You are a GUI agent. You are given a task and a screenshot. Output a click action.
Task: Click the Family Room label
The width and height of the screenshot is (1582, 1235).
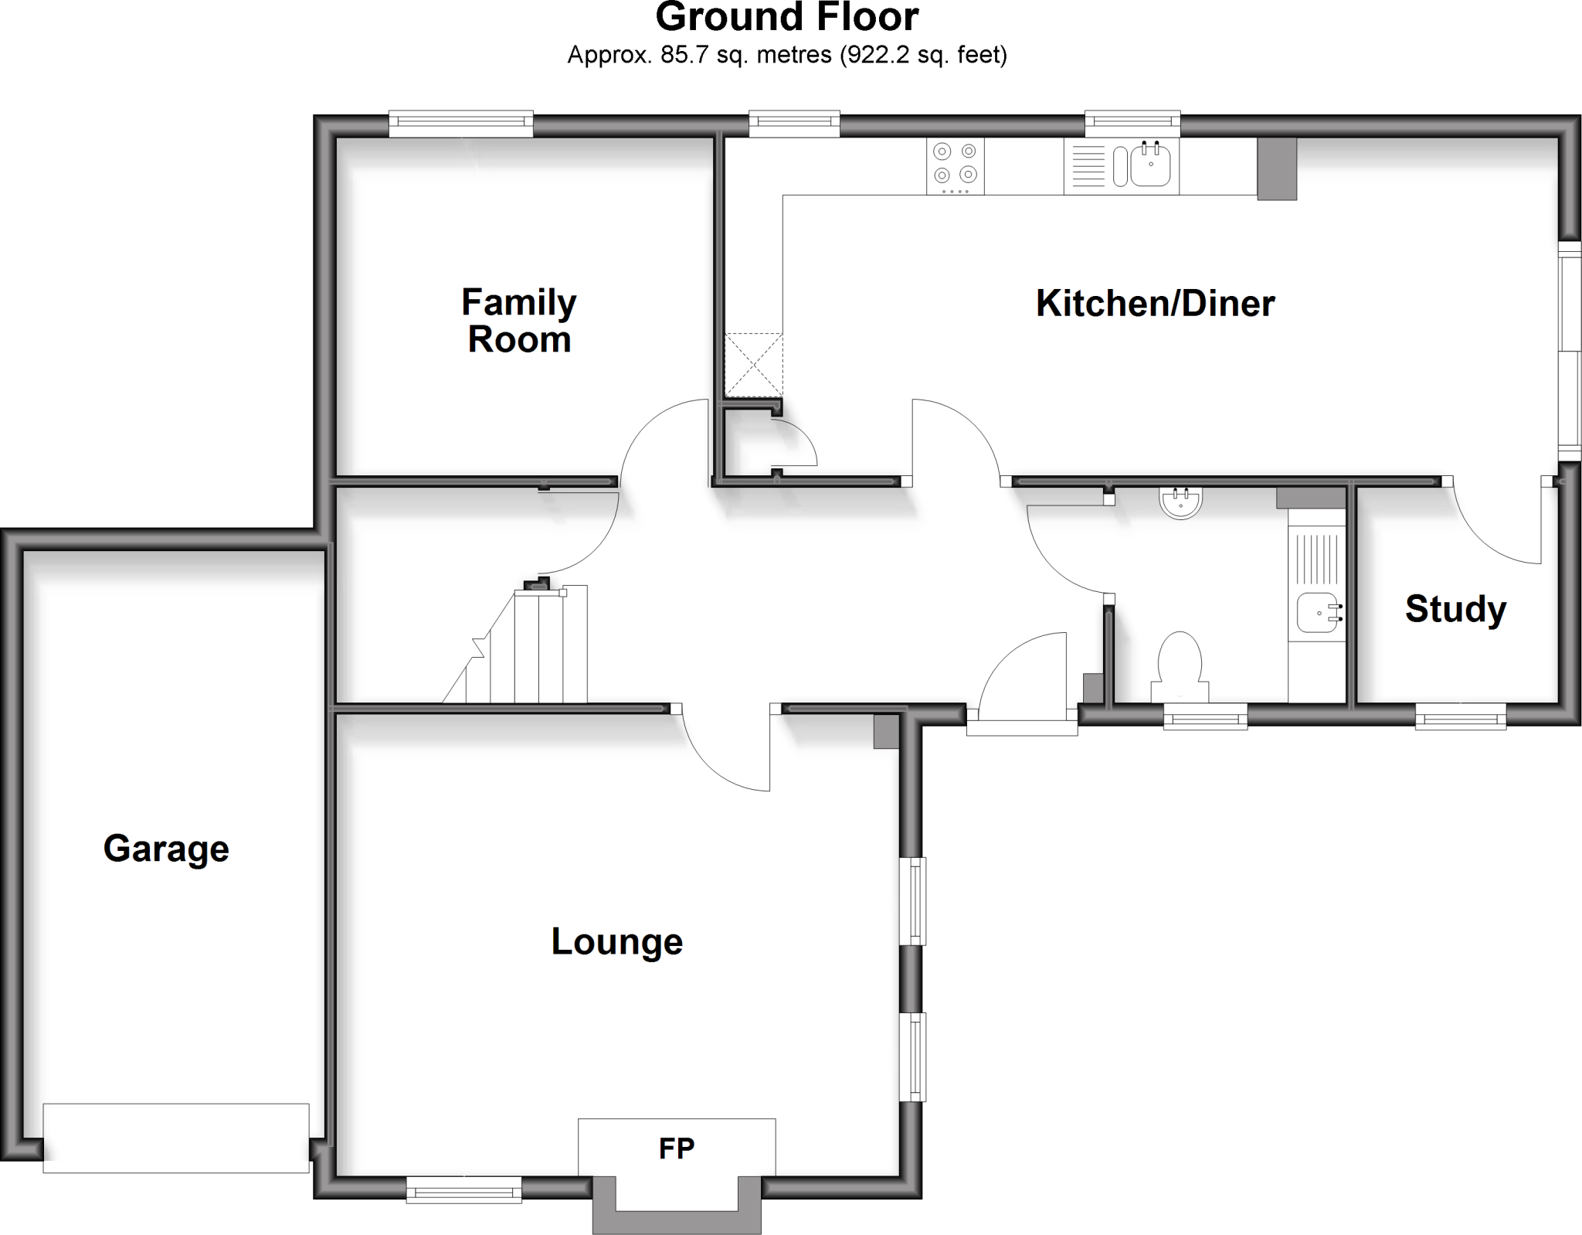pyautogui.click(x=518, y=321)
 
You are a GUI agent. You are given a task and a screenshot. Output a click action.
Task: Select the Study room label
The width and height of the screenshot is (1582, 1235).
pyautogui.click(x=1455, y=608)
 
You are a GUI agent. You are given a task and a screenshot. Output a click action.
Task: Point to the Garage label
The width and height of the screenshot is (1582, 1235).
pyautogui.click(x=166, y=848)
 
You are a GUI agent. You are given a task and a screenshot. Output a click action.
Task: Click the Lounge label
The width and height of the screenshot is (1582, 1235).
pyautogui.click(x=616, y=941)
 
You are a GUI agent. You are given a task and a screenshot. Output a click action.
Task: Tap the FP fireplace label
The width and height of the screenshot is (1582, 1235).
pyautogui.click(x=676, y=1148)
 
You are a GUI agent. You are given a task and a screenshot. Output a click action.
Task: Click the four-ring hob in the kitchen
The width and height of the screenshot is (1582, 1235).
pyautogui.click(x=956, y=166)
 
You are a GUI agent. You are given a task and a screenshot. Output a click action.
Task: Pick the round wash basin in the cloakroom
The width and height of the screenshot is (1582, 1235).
pyautogui.click(x=1181, y=502)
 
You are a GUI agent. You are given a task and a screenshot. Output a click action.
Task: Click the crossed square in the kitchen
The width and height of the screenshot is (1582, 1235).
pyautogui.click(x=753, y=366)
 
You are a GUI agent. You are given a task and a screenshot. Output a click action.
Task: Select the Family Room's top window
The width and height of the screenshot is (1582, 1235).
pyautogui.click(x=460, y=124)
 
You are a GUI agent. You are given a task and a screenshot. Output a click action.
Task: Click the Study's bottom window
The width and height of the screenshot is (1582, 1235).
pyautogui.click(x=1460, y=716)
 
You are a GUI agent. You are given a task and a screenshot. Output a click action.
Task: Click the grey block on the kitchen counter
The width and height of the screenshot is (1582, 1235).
pyautogui.click(x=1276, y=168)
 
